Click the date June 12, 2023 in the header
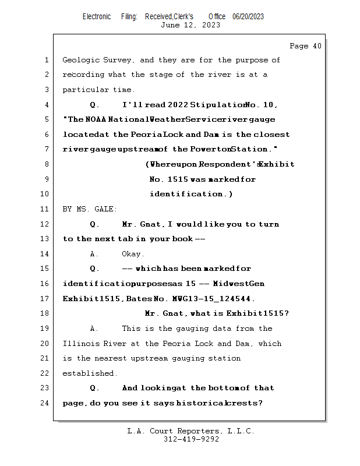190,25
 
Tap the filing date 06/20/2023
248,17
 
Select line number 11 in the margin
45,209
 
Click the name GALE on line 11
106,209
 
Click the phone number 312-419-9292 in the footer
191,439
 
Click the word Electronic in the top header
97,17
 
